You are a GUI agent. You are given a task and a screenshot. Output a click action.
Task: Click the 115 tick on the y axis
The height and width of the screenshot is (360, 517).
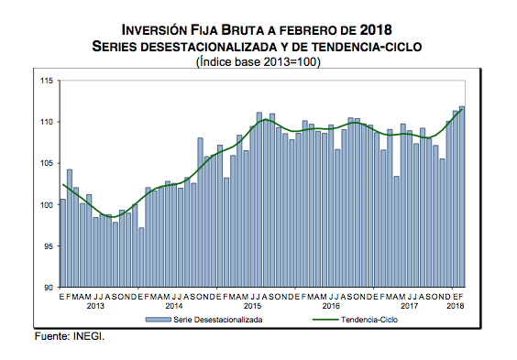pyautogui.click(x=47, y=81)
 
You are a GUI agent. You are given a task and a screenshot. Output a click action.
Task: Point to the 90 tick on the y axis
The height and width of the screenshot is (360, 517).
pyautogui.click(x=49, y=288)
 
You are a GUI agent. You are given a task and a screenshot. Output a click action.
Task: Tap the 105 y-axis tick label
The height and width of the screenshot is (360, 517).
pyautogui.click(x=47, y=163)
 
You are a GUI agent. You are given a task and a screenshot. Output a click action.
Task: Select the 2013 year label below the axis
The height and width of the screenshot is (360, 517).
pyautogui.click(x=95, y=306)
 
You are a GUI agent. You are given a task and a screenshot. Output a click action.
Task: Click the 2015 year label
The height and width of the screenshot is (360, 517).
pyautogui.click(x=252, y=306)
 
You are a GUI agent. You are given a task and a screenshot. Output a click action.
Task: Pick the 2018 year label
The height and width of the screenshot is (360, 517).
pyautogui.click(x=456, y=306)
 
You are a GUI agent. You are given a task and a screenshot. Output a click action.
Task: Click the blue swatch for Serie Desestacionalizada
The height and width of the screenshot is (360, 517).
pyautogui.click(x=159, y=320)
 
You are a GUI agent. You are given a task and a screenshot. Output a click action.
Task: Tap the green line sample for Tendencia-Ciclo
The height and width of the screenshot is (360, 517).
pyautogui.click(x=325, y=320)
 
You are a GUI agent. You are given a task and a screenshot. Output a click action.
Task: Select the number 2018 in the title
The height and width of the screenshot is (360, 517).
pyautogui.click(x=376, y=30)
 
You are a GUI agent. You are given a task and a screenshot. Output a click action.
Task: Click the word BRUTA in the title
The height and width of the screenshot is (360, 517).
pyautogui.click(x=242, y=30)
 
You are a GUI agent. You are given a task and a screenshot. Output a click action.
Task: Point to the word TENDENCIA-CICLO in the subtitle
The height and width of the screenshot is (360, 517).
pyautogui.click(x=367, y=47)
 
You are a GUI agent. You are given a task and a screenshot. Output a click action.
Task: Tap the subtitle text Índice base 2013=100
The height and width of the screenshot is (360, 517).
pyautogui.click(x=258, y=62)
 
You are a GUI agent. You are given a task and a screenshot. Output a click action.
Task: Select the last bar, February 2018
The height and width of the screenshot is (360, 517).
pyautogui.click(x=462, y=197)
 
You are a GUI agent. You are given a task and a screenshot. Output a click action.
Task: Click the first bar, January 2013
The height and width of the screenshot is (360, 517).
pyautogui.click(x=63, y=243)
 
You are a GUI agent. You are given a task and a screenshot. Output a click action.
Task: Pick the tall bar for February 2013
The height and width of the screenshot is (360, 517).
pyautogui.click(x=70, y=228)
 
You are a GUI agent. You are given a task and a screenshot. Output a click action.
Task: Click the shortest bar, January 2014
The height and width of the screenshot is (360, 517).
pyautogui.click(x=141, y=257)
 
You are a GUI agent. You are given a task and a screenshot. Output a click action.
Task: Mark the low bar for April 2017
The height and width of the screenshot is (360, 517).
pyautogui.click(x=397, y=232)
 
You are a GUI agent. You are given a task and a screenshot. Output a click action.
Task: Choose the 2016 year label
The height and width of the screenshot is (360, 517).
pyautogui.click(x=331, y=306)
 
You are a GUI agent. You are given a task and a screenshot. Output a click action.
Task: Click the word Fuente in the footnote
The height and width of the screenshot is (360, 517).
pyautogui.click(x=51, y=336)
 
